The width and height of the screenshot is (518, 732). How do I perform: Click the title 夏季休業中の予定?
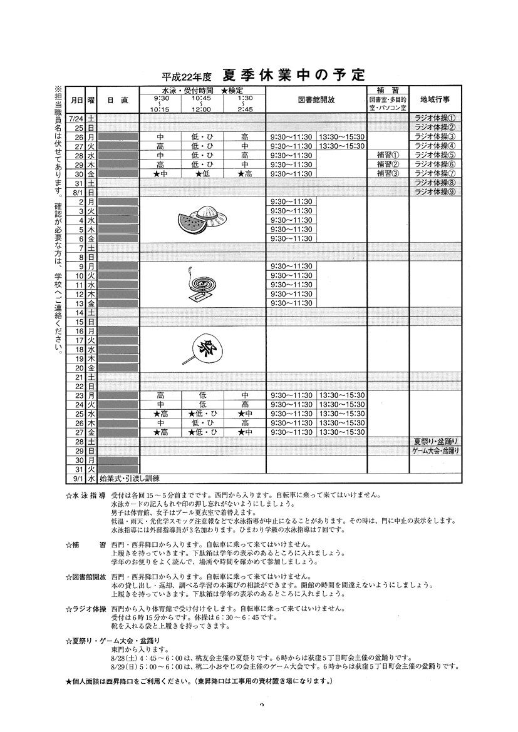(293, 76)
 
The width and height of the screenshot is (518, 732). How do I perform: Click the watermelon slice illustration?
(190, 223)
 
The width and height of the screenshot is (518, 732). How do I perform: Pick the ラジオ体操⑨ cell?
(435, 192)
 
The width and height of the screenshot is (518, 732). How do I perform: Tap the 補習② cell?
(388, 165)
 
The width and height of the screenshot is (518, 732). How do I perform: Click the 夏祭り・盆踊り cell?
(436, 441)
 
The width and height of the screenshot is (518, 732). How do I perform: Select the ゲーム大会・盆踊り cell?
(436, 450)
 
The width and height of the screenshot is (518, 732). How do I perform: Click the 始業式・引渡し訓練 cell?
(130, 479)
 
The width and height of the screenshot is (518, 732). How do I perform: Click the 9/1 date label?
(78, 479)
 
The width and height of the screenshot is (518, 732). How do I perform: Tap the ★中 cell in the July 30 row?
(160, 174)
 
